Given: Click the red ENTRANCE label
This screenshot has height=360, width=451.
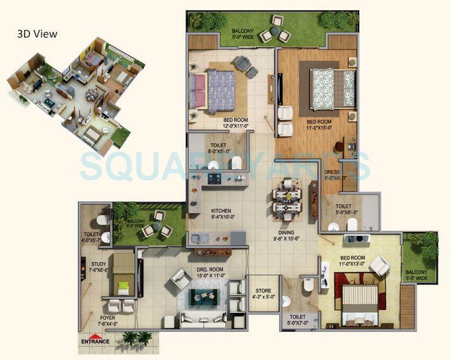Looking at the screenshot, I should click(95, 341).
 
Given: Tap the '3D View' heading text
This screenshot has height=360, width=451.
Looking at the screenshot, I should click(37, 34).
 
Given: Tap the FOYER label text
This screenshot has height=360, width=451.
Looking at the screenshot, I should click(108, 317).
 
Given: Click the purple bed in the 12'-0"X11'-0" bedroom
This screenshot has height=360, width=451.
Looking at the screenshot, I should click(213, 87).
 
